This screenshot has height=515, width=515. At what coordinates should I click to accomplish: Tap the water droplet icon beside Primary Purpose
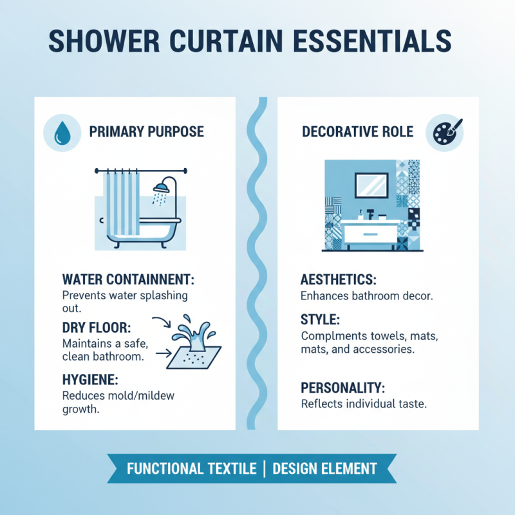[62, 133]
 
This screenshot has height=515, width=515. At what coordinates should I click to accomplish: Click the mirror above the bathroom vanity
[371, 185]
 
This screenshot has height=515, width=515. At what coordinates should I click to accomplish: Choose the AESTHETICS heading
[338, 280]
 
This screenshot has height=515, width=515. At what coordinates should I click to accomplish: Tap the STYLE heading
[320, 319]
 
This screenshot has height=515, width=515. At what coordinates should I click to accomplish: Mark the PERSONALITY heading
[342, 388]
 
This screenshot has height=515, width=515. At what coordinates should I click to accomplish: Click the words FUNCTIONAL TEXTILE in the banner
[191, 468]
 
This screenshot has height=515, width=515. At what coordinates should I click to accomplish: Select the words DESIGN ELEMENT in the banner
[326, 468]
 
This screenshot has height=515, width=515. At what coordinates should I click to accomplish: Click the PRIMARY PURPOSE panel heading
[146, 132]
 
